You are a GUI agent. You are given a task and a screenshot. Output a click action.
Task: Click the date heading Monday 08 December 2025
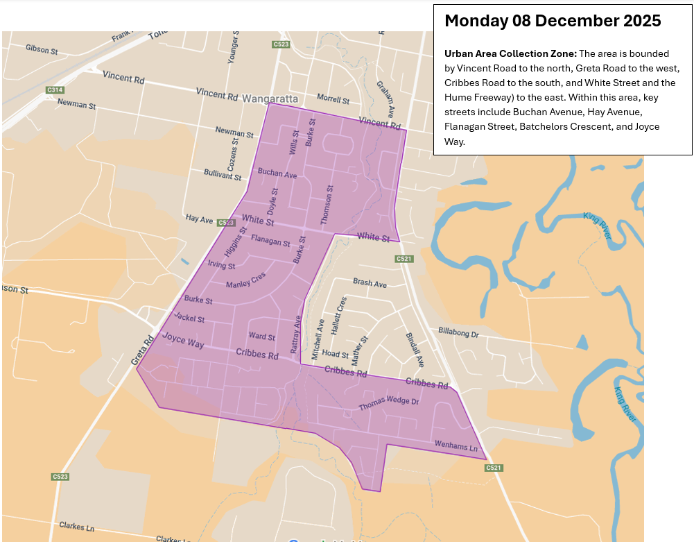pos(552,21)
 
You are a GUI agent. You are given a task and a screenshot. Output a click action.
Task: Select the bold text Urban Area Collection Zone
pos(511,54)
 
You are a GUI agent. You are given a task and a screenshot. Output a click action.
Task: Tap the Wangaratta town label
pos(270,99)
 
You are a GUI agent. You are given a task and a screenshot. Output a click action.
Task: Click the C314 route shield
pos(55,90)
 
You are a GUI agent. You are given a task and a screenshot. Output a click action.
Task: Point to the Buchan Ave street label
pos(277,173)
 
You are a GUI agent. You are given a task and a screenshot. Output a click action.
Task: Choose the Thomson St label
pos(326,204)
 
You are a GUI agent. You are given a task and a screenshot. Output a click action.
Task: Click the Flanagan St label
pos(270,241)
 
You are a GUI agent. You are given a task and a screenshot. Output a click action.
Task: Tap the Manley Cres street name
pos(245,280)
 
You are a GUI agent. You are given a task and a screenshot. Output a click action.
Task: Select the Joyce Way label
pos(183,340)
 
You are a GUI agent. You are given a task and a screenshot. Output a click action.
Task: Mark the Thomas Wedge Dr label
pos(389,403)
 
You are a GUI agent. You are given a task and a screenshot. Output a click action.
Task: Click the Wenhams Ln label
pos(456,446)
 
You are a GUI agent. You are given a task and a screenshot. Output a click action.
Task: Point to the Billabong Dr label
pos(458,333)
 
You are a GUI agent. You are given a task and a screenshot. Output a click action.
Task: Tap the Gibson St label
pos(41,49)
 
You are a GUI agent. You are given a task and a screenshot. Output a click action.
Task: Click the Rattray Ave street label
pos(296,335)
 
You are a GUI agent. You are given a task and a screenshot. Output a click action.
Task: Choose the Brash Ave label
pos(370,283)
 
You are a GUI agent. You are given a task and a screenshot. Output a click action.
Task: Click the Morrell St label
pos(333,99)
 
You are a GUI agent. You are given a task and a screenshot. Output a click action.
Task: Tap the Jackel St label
pos(189,318)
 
